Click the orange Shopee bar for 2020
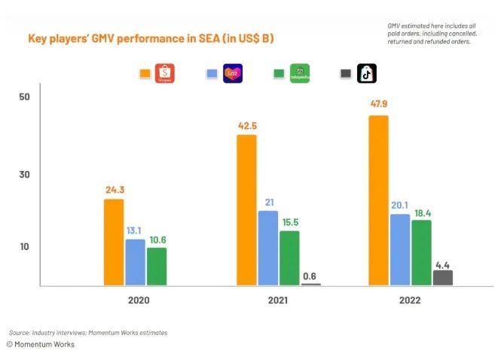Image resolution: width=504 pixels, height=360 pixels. click(x=114, y=242)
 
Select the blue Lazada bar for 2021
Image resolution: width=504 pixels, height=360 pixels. click(x=268, y=248)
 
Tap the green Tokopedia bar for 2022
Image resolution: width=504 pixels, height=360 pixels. click(x=422, y=252)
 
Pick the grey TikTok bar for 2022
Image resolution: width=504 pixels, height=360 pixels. click(x=443, y=277)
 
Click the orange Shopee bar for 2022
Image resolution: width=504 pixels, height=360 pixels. click(x=379, y=200)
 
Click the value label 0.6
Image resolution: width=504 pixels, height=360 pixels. click(x=310, y=276)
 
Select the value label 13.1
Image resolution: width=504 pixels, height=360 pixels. click(x=135, y=230)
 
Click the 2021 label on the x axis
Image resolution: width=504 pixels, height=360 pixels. click(x=279, y=300)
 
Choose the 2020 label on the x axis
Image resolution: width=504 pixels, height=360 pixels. click(x=138, y=300)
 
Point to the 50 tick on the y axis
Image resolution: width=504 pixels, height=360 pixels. click(x=23, y=97)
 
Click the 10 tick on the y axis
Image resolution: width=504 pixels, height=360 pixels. click(x=23, y=247)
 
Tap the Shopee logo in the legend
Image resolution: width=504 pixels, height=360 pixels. click(x=166, y=73)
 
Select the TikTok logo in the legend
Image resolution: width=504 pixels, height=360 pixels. click(x=367, y=73)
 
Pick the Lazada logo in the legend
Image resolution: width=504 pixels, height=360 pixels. click(x=233, y=73)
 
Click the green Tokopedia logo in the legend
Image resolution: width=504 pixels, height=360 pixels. click(x=300, y=73)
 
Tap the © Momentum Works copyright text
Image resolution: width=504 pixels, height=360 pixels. click(x=41, y=343)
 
